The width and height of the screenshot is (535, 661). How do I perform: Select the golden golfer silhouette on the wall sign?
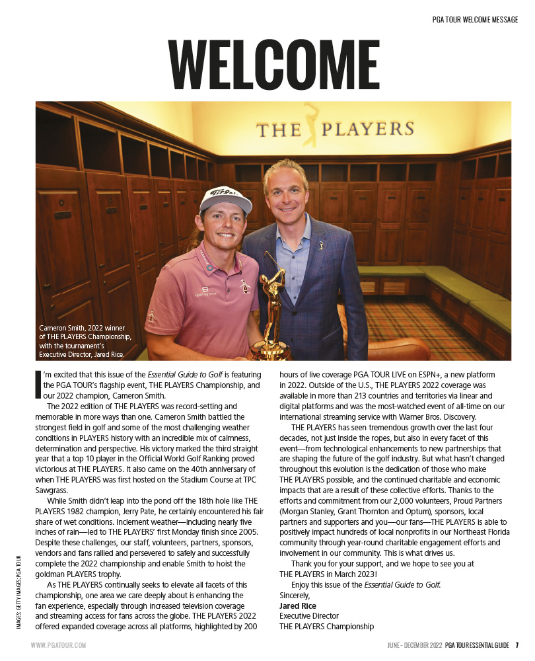pos(310,125)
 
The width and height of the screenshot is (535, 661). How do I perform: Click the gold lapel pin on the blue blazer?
pos(322,245)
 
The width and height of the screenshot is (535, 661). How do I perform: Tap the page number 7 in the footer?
pos(517,644)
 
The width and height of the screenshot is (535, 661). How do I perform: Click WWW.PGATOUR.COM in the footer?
pos(58,644)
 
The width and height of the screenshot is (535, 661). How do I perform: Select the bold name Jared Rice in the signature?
pos(298,605)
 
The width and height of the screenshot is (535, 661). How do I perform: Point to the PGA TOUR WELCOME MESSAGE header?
pos(470,20)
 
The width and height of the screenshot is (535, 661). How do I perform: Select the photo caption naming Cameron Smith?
pos(83,341)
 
